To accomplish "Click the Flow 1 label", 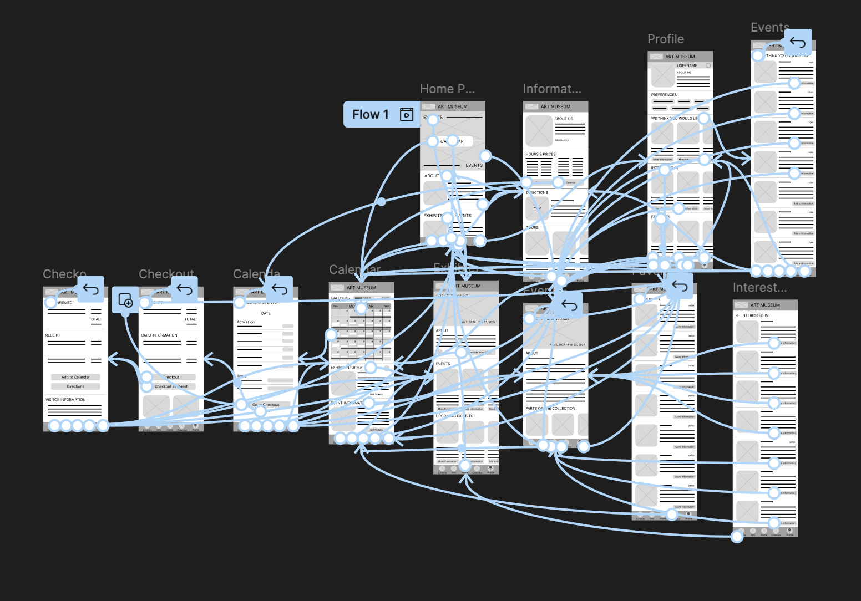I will click(x=370, y=114).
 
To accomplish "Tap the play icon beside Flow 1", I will click(x=407, y=114).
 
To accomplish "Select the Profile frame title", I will click(x=665, y=39).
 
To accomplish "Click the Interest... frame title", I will click(x=759, y=288).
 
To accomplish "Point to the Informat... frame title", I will click(x=551, y=89).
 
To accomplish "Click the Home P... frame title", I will click(x=447, y=89).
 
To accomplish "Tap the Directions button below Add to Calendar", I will click(x=75, y=386).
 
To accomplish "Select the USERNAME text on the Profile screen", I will click(x=687, y=65).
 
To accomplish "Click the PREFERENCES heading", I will click(x=664, y=95).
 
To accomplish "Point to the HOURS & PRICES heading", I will click(x=540, y=154).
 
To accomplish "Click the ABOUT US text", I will click(x=564, y=119).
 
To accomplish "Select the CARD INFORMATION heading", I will click(x=159, y=335).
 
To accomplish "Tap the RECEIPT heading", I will click(x=53, y=335).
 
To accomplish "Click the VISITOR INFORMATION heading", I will click(x=65, y=400).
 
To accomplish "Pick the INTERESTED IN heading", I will click(x=754, y=315).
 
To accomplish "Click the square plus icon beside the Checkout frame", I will click(x=125, y=300).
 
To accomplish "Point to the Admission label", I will click(x=246, y=322).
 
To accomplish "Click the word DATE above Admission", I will click(x=266, y=313).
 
